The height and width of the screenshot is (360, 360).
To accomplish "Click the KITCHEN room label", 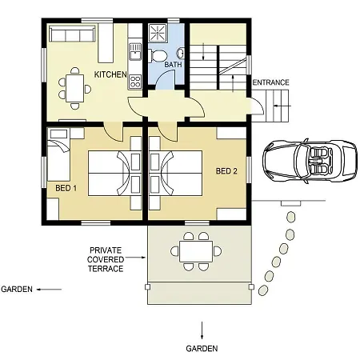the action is [x=110, y=74].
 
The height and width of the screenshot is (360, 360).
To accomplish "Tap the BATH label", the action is [x=173, y=65].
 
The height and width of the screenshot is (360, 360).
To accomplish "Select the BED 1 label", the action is [x=66, y=188].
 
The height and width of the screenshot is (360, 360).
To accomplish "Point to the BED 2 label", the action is [x=226, y=171].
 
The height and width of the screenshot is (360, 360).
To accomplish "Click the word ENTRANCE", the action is [x=270, y=82].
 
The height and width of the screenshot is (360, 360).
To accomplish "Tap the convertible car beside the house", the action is [x=310, y=161].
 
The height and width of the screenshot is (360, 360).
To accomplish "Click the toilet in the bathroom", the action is [x=158, y=56].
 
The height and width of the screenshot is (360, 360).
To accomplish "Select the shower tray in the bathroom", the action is [x=158, y=33].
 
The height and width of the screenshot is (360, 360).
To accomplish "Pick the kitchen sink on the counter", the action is [x=135, y=52].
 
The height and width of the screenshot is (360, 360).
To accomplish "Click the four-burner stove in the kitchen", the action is [x=135, y=82].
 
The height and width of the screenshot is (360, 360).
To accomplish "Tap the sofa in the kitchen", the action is [x=72, y=34].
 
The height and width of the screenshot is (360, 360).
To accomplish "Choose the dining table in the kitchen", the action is [x=75, y=88].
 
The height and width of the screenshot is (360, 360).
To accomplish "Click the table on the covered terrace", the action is [x=196, y=252].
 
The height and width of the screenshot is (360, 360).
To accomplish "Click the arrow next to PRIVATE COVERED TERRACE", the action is [x=135, y=258].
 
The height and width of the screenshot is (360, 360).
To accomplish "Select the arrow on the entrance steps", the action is [x=282, y=106].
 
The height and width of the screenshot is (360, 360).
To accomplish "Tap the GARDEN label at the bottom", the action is [x=202, y=349].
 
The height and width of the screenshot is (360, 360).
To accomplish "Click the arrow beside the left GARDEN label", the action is [x=49, y=290].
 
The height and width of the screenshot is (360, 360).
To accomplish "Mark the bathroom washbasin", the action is [x=181, y=54].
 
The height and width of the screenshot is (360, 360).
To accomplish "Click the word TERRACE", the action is [x=106, y=269].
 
